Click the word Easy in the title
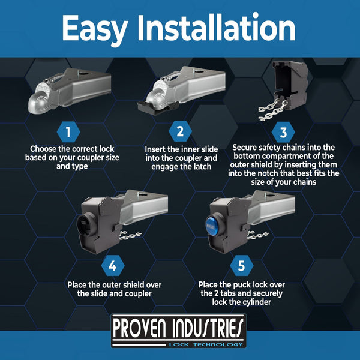click(95, 29)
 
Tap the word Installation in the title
click(216, 28)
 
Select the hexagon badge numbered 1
click(68, 132)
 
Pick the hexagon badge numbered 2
click(180, 131)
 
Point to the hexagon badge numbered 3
click(283, 132)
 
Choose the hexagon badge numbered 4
click(113, 266)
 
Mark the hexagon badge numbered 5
click(242, 266)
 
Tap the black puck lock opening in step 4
click(85, 224)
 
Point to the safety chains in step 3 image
click(273, 110)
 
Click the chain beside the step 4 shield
click(130, 235)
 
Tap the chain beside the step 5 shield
click(258, 235)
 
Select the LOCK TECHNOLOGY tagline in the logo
click(206, 344)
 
